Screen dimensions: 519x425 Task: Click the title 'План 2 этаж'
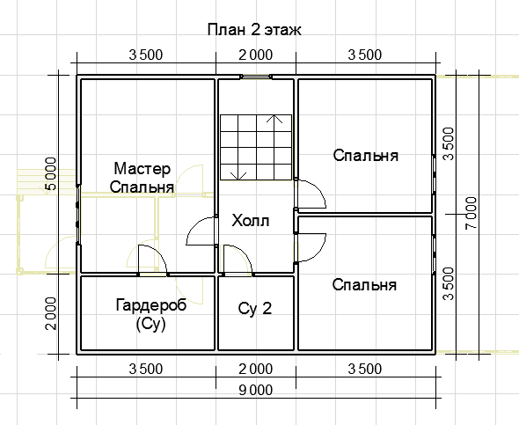point(254,29)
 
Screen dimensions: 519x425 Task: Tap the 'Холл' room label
point(250,221)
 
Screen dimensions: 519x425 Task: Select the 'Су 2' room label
point(255,309)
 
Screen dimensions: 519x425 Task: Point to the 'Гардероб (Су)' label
point(151,314)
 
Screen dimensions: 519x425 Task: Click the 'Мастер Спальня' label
point(142,178)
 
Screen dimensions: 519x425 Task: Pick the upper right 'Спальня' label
point(365,155)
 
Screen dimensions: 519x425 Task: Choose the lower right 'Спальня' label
point(364,285)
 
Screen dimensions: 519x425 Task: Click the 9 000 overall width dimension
point(255,391)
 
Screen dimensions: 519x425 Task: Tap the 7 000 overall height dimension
point(471,213)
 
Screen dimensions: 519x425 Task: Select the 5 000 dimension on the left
point(50,174)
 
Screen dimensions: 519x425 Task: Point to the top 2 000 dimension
point(255,55)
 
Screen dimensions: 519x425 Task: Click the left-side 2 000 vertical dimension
point(51,313)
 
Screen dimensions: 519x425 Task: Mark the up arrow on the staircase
point(274,131)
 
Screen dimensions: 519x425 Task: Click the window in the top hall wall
point(255,77)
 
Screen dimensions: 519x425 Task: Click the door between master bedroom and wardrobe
point(152,260)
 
